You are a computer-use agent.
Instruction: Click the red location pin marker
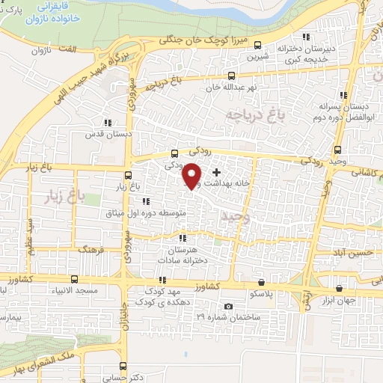pos(192,176)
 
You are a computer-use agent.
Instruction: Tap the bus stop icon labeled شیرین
pos(259,44)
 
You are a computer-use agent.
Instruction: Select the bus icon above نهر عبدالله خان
pos(232,76)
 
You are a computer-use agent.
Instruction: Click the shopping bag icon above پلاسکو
pos(261,283)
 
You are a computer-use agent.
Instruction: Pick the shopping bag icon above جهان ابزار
pos(340,287)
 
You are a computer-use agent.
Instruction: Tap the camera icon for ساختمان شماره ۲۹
pos(228,307)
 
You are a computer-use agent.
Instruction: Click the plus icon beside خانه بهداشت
pos(217,173)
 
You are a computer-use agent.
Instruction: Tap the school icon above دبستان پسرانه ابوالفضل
pos(343,95)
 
